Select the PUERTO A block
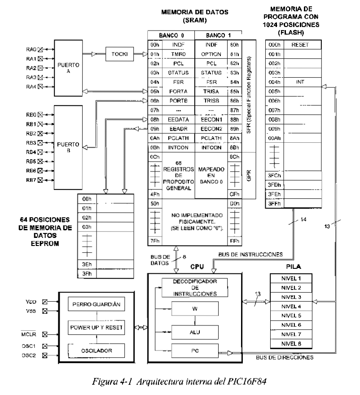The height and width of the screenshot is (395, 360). [x=68, y=68]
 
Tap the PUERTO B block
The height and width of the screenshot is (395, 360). [x=68, y=148]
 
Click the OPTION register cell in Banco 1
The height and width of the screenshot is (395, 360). [x=211, y=54]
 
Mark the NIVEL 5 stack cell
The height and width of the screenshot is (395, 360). [x=292, y=316]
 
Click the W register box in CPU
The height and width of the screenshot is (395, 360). [x=194, y=308]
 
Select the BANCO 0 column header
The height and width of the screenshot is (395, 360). [x=171, y=35]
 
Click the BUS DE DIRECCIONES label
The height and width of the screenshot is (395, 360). [x=284, y=357]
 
